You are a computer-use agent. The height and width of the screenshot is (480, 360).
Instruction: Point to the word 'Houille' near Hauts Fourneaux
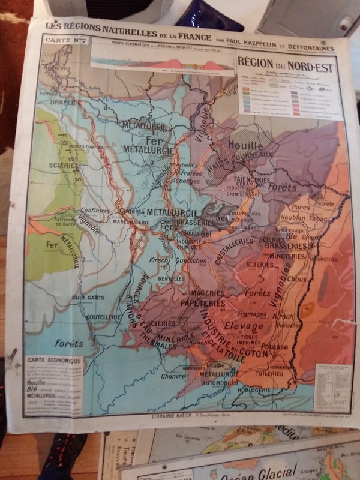tap(245, 146)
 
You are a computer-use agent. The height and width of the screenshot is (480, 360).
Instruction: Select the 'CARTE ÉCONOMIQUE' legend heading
tap(54, 361)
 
